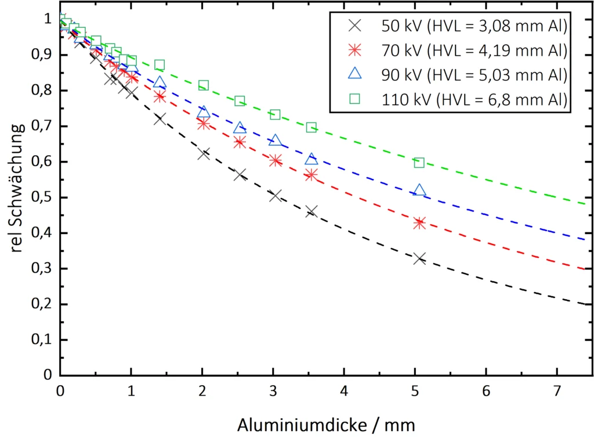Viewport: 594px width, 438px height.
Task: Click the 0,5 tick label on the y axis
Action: click(40, 198)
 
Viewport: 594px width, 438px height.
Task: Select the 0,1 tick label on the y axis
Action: click(40, 340)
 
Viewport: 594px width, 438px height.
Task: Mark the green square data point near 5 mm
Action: click(419, 163)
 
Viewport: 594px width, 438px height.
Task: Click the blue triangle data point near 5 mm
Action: click(419, 190)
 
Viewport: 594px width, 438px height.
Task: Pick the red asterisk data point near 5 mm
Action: click(419, 223)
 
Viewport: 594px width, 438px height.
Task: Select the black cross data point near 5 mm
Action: click(419, 259)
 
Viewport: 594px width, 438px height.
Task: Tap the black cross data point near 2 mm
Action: click(204, 154)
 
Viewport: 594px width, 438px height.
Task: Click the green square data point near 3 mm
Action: click(275, 114)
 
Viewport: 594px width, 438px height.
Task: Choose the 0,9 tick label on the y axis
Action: click(40, 55)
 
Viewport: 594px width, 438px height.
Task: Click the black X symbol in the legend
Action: click(354, 26)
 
